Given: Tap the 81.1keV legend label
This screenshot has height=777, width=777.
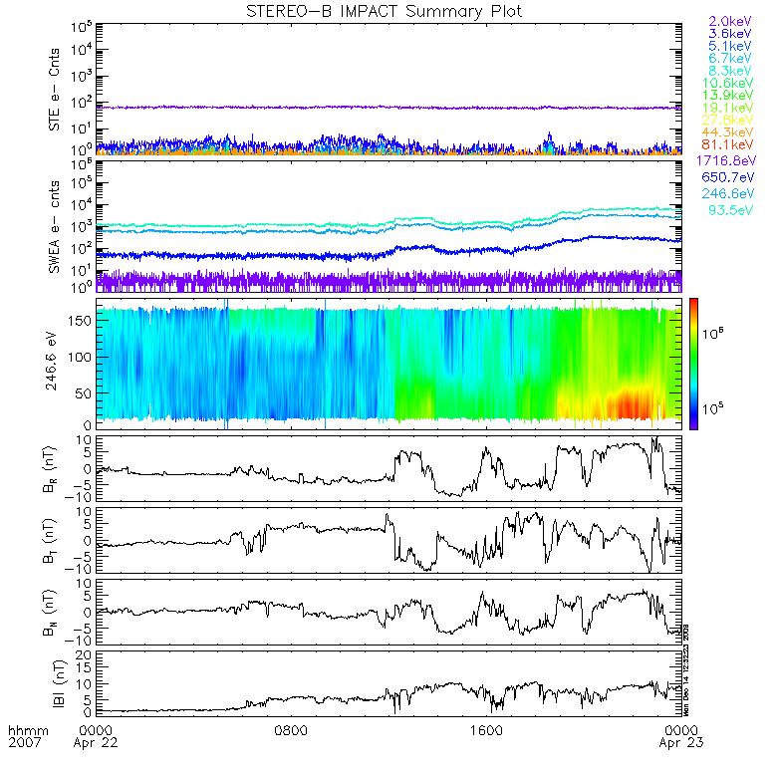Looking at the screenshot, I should point(732,146).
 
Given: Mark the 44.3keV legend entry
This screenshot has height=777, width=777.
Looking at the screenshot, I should point(732,132).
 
